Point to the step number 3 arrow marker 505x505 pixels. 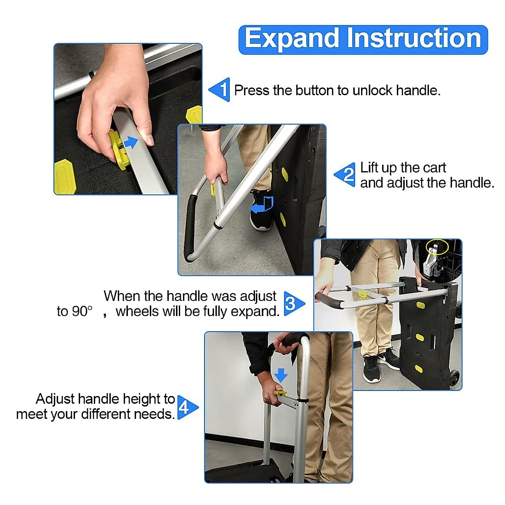[293, 303]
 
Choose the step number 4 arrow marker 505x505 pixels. [186, 407]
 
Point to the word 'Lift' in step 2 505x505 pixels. [369, 167]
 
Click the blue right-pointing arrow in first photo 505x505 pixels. [131, 142]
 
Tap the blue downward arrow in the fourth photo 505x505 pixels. [281, 374]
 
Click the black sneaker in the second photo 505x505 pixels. [260, 213]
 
